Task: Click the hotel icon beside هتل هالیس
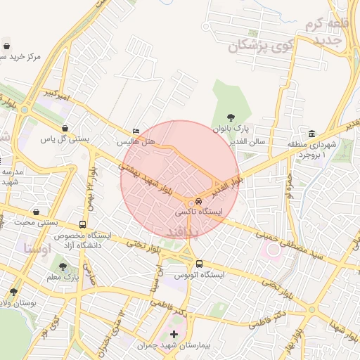136,131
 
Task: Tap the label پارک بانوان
232,129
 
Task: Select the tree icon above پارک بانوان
232,117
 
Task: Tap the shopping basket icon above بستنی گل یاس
65,129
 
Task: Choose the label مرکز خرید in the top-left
21,56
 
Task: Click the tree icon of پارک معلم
64,266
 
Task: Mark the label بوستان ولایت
17,303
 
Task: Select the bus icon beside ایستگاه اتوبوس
199,264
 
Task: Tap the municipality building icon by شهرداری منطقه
311,134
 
